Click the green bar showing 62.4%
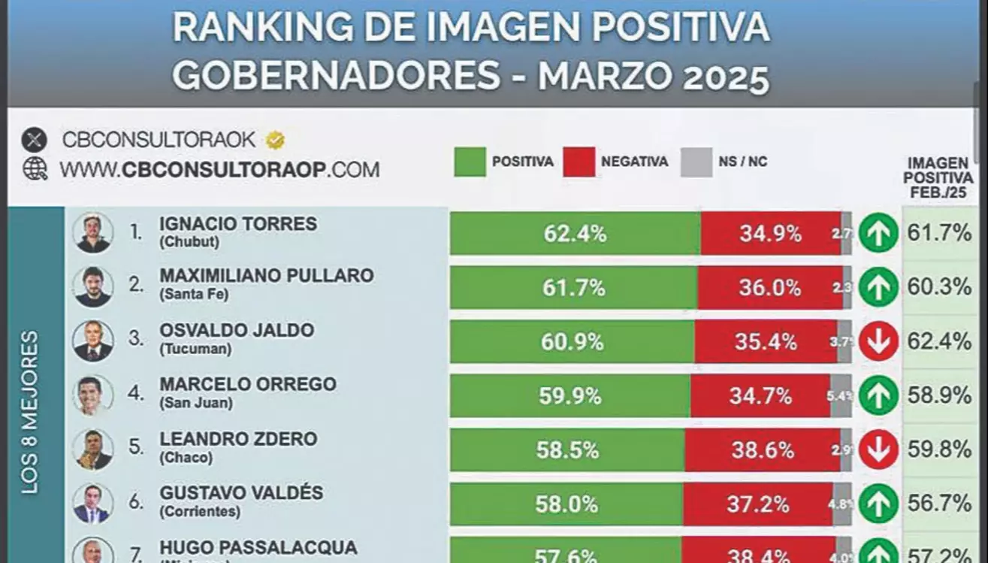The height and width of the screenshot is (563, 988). [x=575, y=234]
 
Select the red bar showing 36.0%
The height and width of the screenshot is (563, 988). [x=769, y=288]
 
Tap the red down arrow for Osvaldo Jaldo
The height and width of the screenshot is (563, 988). [x=878, y=342]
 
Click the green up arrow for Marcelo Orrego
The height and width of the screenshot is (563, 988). [x=878, y=396]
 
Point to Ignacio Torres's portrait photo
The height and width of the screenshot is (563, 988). [x=93, y=233]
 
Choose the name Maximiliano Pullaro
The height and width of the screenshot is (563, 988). [x=266, y=276]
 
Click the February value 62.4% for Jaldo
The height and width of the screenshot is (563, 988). [x=939, y=342]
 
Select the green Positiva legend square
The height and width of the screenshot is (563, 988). [x=470, y=162]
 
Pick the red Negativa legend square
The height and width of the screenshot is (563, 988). [x=579, y=162]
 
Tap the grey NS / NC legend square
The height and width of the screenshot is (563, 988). [x=696, y=162]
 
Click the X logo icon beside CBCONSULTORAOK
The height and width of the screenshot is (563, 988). [x=35, y=140]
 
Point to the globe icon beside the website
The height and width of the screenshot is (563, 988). [x=35, y=169]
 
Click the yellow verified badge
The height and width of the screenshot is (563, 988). [x=275, y=140]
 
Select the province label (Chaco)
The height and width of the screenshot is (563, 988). [x=186, y=457]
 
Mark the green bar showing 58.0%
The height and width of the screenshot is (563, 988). [x=567, y=504]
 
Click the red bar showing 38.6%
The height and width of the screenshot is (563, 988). [x=762, y=450]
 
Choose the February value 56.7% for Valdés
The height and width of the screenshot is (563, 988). [x=939, y=504]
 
